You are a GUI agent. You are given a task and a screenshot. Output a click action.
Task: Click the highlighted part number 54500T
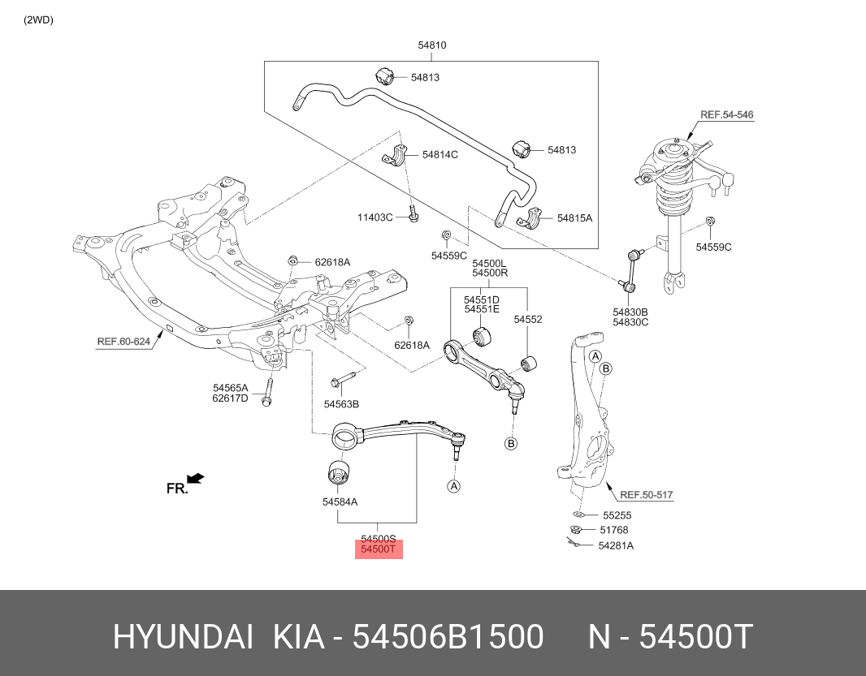click(x=378, y=550)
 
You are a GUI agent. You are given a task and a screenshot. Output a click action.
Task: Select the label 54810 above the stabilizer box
click(x=431, y=46)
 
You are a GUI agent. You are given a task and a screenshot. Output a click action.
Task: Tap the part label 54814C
click(x=439, y=154)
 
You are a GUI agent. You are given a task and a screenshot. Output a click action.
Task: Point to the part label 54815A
click(x=574, y=218)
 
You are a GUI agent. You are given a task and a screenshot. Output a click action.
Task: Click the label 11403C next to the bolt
click(x=375, y=217)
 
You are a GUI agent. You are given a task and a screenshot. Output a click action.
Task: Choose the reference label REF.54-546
click(x=726, y=115)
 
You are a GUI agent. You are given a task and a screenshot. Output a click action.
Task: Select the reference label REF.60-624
click(x=123, y=342)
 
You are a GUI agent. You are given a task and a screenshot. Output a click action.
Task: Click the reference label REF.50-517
click(x=647, y=495)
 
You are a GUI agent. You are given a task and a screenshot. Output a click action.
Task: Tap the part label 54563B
click(x=341, y=404)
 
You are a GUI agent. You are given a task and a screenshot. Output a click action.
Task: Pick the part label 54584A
click(x=340, y=502)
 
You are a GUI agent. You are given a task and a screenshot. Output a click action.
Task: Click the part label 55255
click(x=617, y=515)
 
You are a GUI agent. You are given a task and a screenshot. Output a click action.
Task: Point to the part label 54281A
click(x=616, y=545)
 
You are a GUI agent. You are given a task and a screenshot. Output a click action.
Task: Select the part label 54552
click(x=527, y=320)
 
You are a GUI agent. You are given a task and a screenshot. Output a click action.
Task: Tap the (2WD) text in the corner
click(x=37, y=20)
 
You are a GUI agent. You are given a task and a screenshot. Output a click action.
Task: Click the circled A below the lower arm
click(x=453, y=486)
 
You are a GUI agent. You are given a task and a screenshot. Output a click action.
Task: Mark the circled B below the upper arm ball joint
click(x=511, y=443)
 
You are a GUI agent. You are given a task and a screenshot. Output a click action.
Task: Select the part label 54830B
click(x=630, y=312)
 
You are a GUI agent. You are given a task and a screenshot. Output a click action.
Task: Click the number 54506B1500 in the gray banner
click(x=448, y=638)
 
